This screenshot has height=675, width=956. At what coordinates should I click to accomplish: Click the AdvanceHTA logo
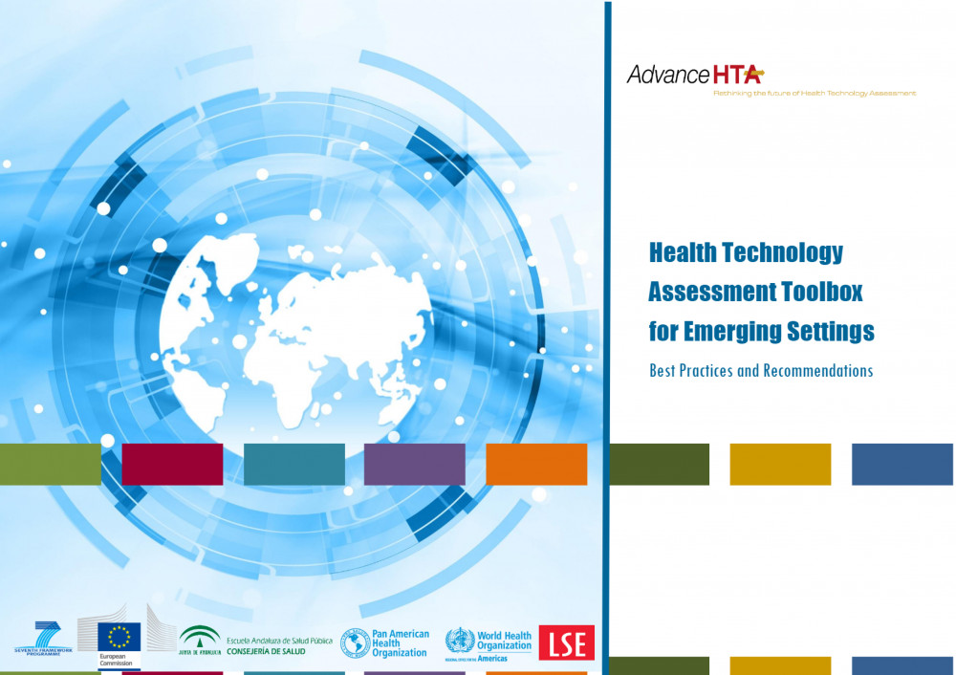click(694, 74)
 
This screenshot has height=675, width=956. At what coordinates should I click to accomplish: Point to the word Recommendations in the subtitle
click(818, 371)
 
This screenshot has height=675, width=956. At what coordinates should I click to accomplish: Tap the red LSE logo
click(566, 642)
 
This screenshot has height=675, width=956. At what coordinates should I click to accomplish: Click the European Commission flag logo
click(118, 637)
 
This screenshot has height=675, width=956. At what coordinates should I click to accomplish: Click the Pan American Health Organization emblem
click(356, 643)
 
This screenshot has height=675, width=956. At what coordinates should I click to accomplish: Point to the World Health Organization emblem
click(460, 641)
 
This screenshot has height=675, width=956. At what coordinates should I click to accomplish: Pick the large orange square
click(536, 465)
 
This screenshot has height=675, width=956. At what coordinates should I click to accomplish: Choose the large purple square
click(414, 465)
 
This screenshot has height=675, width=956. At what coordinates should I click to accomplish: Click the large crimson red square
click(172, 465)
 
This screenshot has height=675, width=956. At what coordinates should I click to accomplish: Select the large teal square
click(293, 465)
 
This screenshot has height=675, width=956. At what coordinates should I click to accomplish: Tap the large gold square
click(780, 465)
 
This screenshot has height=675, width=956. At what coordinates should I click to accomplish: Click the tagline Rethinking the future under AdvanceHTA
click(814, 94)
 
